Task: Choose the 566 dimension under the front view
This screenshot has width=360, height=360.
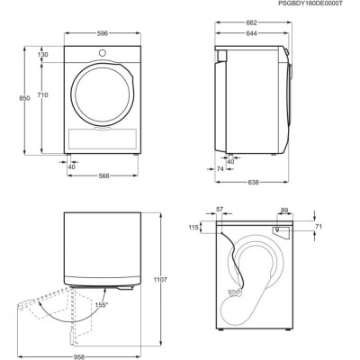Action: point(105,176)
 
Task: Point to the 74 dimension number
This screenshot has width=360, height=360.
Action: point(220,167)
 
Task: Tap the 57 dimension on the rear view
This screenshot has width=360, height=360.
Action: point(220,210)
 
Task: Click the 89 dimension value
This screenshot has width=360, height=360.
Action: point(286,210)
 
